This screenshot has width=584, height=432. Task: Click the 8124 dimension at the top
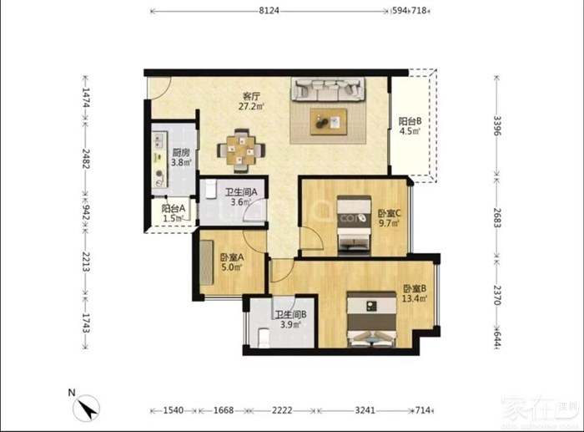[269, 11]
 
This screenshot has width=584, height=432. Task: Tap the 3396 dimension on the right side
[497, 125]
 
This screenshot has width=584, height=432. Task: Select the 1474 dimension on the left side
[86, 98]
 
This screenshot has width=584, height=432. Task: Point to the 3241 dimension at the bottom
[365, 410]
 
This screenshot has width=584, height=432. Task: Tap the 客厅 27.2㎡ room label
[251, 101]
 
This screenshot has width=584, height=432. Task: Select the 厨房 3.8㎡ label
[181, 157]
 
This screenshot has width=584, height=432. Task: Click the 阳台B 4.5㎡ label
[410, 125]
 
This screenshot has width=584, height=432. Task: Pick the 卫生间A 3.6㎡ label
[241, 197]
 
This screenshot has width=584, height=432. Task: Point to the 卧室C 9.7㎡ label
[390, 218]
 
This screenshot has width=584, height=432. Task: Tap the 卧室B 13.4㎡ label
[415, 293]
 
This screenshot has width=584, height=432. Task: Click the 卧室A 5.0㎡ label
[232, 262]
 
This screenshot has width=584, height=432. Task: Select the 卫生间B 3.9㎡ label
[290, 319]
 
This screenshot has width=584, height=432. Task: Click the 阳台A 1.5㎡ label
[174, 213]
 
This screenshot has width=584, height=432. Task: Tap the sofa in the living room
[328, 89]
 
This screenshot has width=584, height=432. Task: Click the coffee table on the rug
[329, 122]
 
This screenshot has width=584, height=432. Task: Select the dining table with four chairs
[241, 150]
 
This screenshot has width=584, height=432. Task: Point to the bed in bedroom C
[354, 226]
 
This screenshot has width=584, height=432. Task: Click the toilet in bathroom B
[264, 338]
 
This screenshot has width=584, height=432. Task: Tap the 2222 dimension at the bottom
[282, 410]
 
